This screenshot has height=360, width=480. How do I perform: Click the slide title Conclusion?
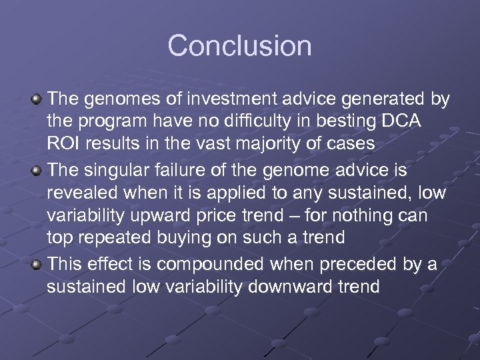239,46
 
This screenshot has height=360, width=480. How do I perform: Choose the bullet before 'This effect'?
38,265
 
